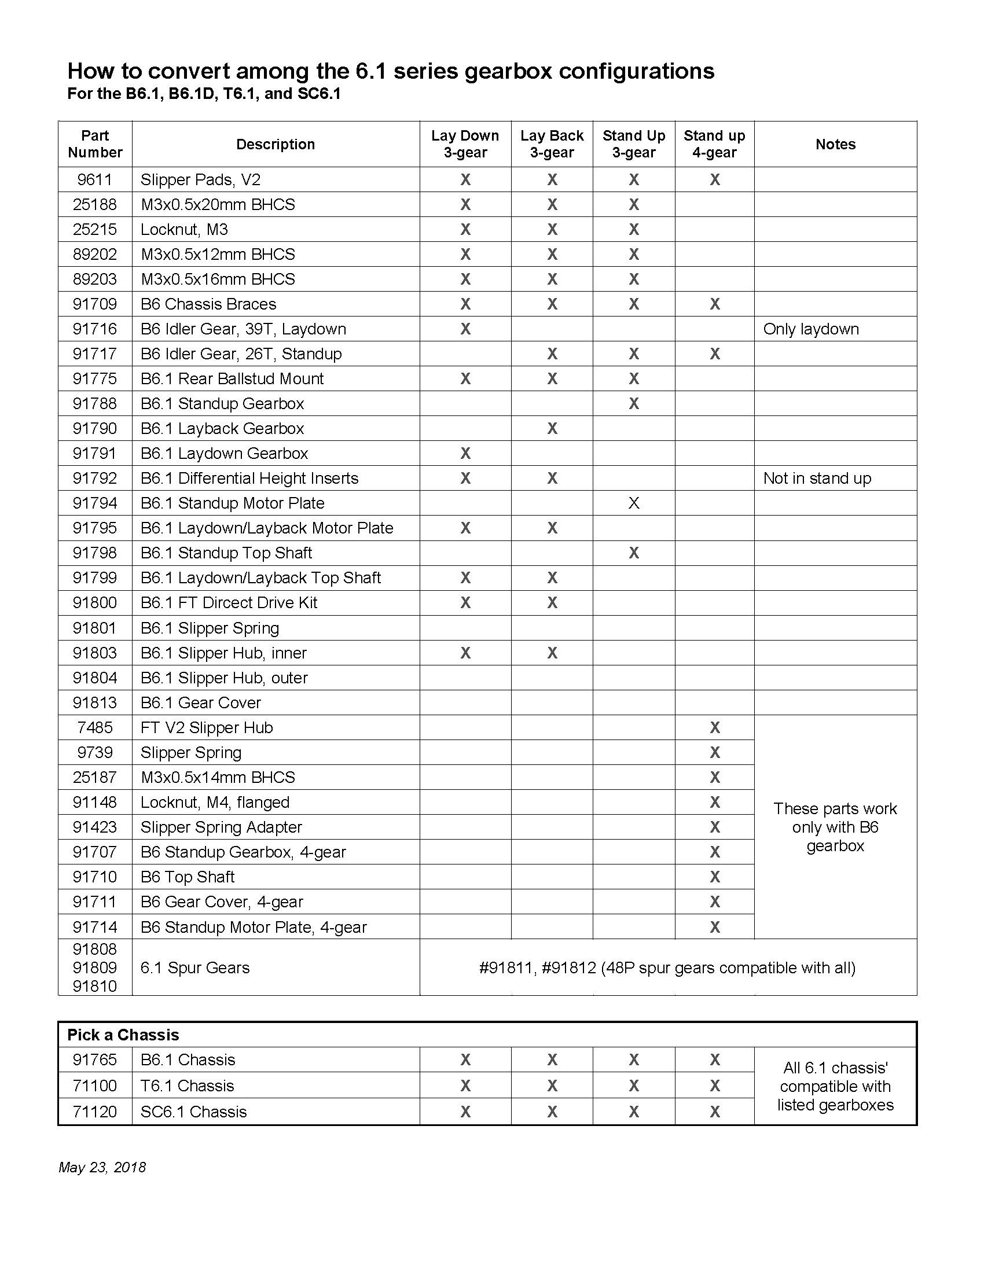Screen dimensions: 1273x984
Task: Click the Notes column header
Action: [835, 145]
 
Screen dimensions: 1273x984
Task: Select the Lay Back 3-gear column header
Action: [552, 144]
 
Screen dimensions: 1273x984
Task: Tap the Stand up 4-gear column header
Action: [714, 144]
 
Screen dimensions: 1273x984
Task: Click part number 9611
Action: [94, 179]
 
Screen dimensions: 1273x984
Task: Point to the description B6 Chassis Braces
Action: [208, 304]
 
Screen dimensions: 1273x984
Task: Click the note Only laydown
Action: [811, 329]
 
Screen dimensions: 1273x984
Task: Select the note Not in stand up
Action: [817, 479]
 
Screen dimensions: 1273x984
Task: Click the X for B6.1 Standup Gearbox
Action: [634, 404]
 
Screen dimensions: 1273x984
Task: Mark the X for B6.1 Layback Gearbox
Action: [552, 429]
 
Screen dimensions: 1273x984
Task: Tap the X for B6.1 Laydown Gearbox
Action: [465, 454]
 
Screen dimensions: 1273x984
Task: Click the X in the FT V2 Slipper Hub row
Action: [715, 728]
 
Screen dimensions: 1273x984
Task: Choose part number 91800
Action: [94, 603]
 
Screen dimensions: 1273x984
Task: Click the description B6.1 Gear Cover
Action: [200, 703]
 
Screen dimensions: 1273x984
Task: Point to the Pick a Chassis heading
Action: [123, 1035]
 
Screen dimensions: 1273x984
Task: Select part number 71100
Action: [94, 1086]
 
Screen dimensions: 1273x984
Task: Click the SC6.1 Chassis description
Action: [193, 1112]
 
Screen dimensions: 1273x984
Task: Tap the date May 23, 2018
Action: [102, 1168]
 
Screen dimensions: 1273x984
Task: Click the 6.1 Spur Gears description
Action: [194, 968]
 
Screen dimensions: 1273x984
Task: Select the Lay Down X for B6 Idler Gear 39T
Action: [465, 329]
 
